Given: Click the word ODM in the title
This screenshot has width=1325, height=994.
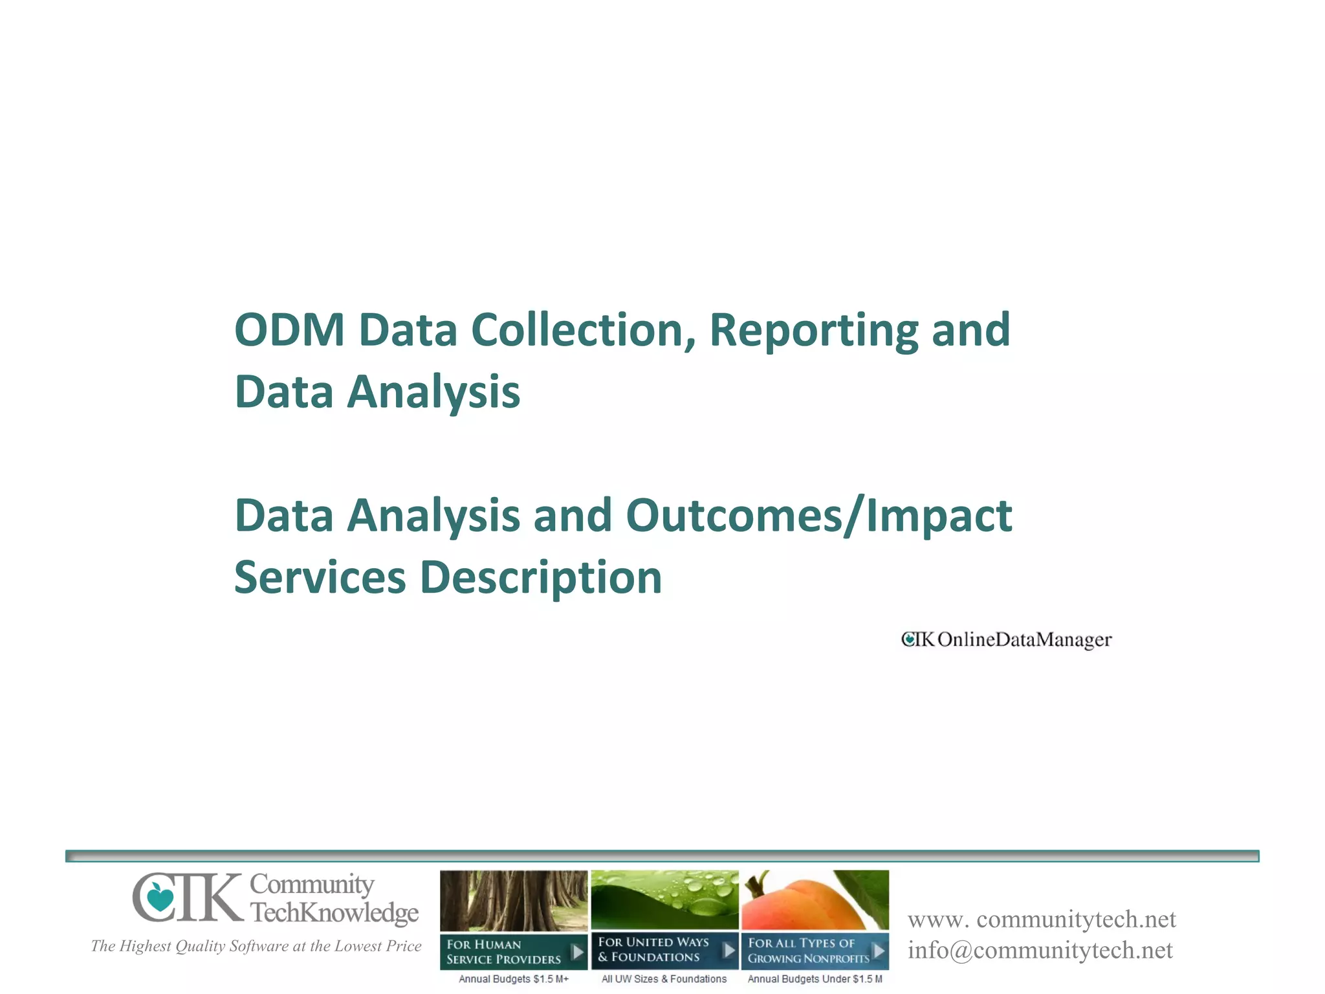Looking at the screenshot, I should tap(289, 331).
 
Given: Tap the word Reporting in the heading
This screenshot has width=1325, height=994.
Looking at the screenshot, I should tap(813, 331).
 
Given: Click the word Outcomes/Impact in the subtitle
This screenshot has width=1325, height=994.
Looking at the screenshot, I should tap(818, 516).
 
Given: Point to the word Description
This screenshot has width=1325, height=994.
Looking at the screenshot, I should tap(542, 577).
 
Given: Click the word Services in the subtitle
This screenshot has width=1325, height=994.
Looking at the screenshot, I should tap(320, 577).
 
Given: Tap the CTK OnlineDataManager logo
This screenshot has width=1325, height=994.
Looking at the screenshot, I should tap(1006, 639).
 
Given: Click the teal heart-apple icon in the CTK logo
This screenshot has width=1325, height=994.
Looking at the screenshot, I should tap(160, 898).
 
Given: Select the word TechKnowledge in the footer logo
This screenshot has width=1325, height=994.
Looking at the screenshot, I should tap(334, 912).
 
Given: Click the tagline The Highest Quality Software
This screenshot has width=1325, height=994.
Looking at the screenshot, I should tap(256, 946).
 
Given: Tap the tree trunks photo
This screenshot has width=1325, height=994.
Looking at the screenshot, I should tap(514, 900).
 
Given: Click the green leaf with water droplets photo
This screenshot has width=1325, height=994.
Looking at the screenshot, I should tap(664, 900).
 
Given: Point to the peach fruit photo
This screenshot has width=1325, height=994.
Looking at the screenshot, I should tap(815, 900).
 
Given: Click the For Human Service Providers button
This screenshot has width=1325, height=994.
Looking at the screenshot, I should tap(514, 951).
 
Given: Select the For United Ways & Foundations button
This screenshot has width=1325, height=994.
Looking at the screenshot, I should tap(664, 950).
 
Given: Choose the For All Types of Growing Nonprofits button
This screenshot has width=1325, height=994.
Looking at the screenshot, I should tap(815, 951).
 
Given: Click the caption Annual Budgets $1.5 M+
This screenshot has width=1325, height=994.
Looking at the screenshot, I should tap(514, 979).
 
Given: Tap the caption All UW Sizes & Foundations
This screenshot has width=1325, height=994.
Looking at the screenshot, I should tap(664, 979).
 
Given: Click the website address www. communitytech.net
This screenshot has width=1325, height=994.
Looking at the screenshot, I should tap(1042, 920).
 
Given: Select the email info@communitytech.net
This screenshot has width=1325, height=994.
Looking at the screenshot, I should tap(1040, 951).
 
